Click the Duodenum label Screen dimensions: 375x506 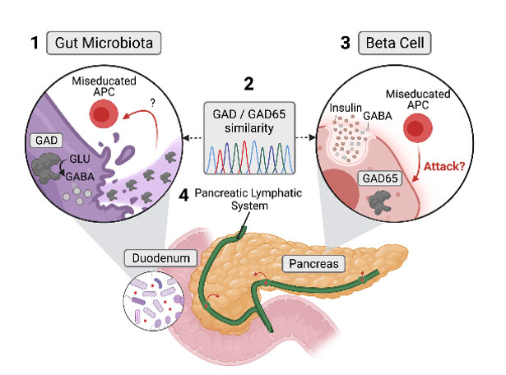156,258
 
